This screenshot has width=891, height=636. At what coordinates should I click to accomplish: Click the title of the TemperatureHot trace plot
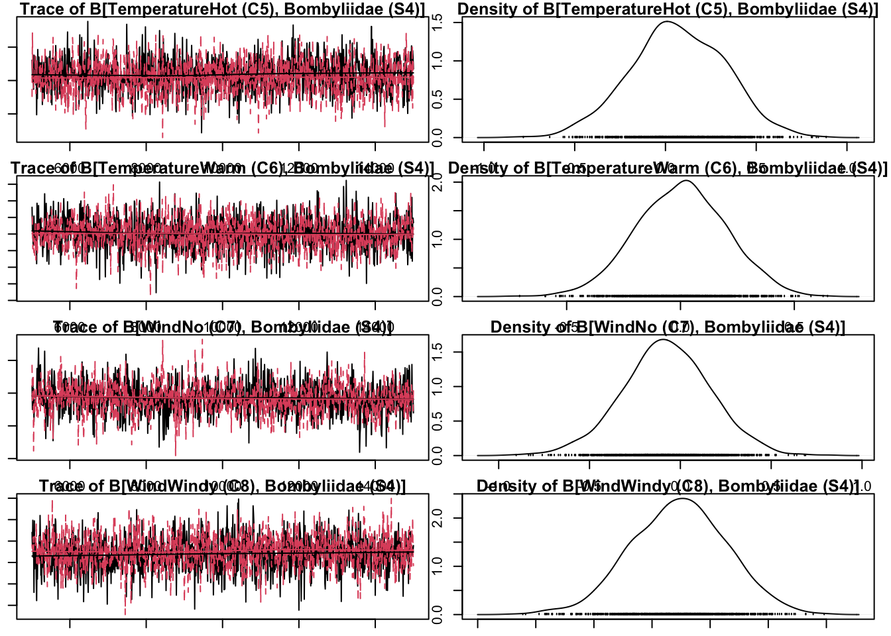[x=222, y=9]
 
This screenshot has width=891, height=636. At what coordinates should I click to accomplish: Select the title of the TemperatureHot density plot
[x=668, y=9]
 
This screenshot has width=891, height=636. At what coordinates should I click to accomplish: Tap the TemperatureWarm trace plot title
[x=222, y=168]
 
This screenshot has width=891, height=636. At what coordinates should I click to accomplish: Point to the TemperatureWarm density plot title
[x=668, y=168]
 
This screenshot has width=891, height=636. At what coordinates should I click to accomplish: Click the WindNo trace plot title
[x=222, y=327]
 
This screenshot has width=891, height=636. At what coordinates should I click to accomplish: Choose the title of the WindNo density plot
[x=668, y=327]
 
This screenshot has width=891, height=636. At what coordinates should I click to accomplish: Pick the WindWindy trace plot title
[x=222, y=486]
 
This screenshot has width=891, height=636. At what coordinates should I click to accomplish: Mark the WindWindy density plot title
[x=668, y=486]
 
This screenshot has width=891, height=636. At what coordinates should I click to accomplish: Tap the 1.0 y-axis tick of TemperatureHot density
[x=438, y=61]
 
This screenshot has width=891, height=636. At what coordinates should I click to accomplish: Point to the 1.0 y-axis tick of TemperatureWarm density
[x=438, y=238]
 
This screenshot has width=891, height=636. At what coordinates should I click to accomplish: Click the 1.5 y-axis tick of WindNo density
[x=438, y=352]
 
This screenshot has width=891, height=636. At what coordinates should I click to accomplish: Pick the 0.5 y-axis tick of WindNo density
[x=438, y=421]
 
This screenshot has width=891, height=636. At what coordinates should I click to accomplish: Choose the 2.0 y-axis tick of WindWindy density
[x=438, y=518]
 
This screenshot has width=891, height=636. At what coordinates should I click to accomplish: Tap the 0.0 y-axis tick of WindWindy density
[x=438, y=615]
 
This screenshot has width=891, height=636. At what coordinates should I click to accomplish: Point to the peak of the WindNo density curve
[x=663, y=340]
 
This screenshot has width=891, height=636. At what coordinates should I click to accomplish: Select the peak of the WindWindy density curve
[x=683, y=498]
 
